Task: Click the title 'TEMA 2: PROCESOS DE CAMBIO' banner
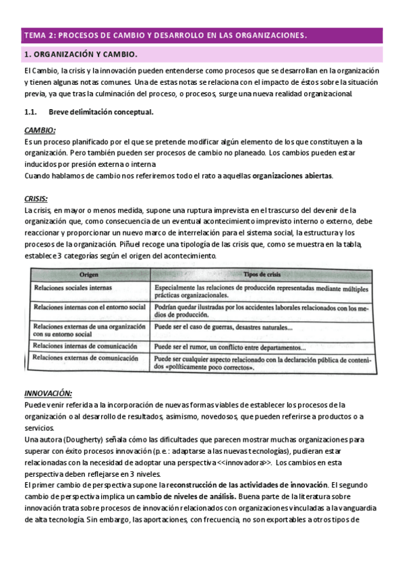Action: pos(165,35)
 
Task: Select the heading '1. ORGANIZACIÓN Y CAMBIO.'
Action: pos(81,55)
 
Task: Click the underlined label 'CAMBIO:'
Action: pos(40,130)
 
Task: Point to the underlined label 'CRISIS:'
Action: pos(36,199)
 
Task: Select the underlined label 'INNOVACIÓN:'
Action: pos(48,393)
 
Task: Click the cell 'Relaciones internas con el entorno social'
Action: pos(89,307)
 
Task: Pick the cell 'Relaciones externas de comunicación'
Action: pos(80,358)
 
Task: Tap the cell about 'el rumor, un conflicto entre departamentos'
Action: pos(229,347)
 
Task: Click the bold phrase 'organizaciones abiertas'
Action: pos(291,176)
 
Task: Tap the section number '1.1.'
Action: pos(31,112)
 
